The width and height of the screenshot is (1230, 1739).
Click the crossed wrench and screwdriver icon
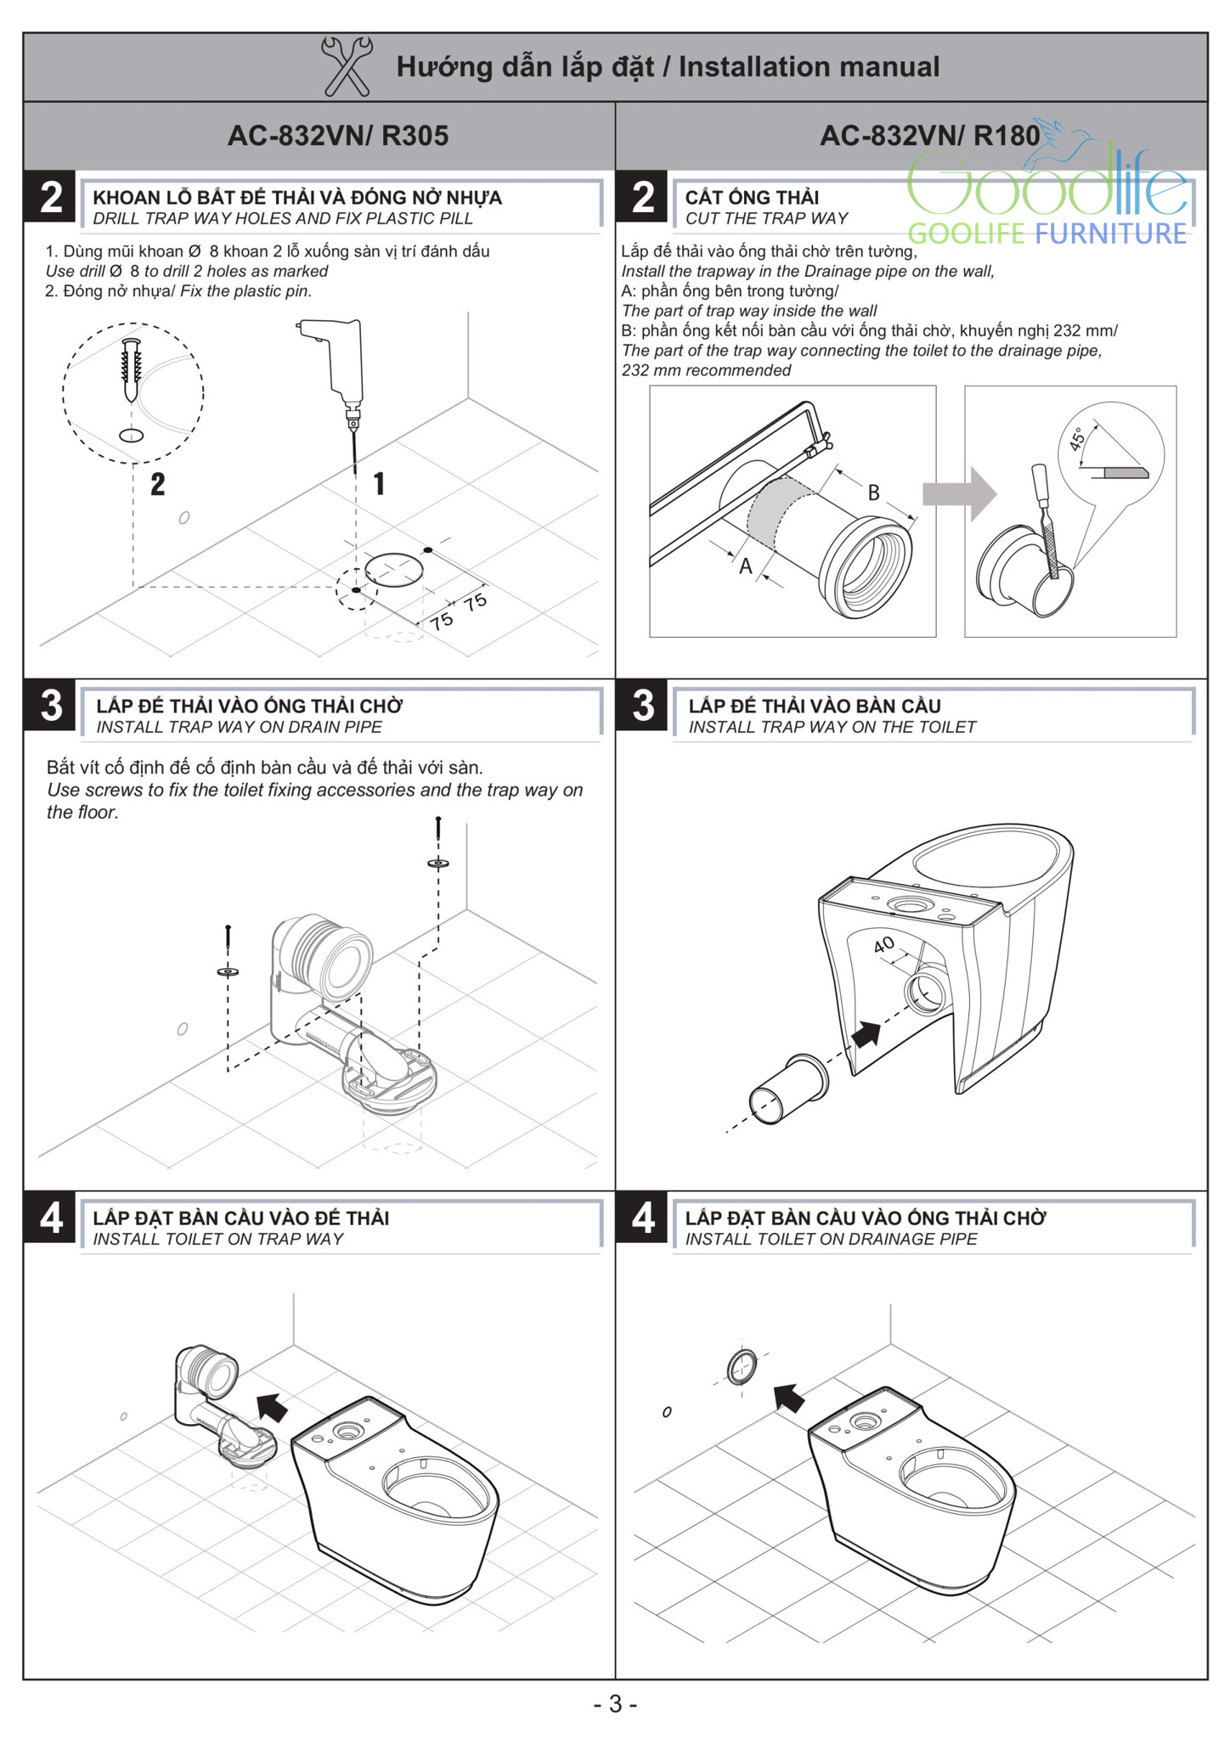[346, 66]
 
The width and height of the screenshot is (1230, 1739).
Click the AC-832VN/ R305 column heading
[337, 136]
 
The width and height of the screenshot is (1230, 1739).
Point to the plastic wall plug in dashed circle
[131, 370]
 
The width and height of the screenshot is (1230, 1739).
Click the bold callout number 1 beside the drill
[379, 484]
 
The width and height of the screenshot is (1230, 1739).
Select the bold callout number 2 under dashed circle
[157, 485]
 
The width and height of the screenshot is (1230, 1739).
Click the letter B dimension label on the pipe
[873, 492]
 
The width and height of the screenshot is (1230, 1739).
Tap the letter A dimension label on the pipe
[746, 566]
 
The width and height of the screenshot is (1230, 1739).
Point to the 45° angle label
[1077, 439]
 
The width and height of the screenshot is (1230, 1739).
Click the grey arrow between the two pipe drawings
[960, 493]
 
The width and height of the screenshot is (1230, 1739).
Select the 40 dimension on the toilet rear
[883, 943]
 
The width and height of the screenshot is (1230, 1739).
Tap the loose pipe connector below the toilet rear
[787, 1091]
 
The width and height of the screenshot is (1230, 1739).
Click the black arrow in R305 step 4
[273, 1408]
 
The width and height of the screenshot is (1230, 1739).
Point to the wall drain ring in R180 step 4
[742, 1368]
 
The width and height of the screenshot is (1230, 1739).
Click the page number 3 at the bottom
[615, 1704]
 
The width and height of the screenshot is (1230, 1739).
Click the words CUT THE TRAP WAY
[766, 218]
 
